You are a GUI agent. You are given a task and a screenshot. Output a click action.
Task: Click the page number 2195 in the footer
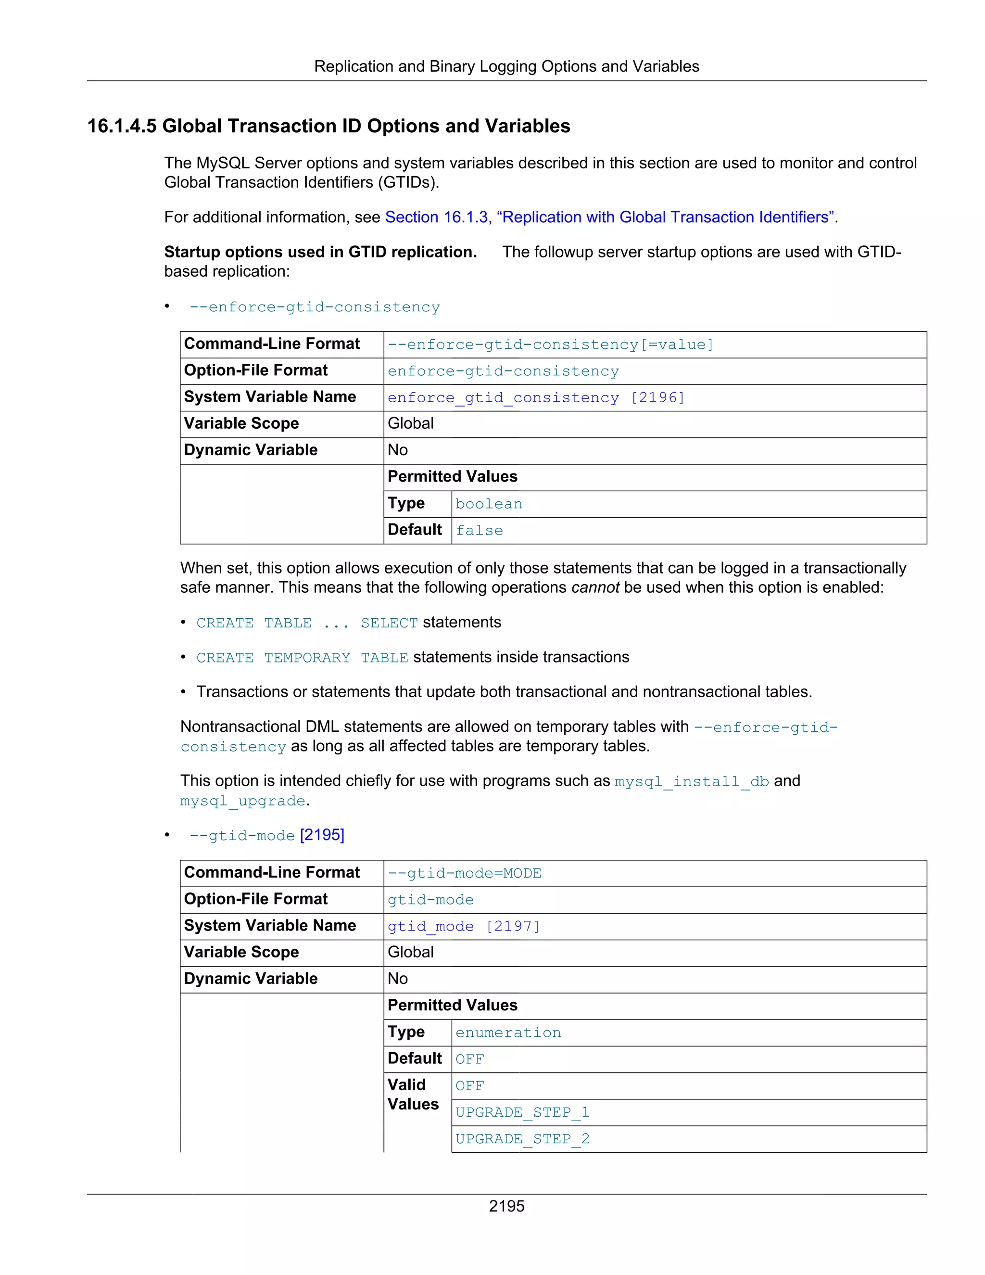click(506, 1206)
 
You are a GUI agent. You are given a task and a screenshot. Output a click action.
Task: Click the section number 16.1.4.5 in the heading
click(121, 126)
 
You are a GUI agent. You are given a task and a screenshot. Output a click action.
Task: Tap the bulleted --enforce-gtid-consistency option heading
click(315, 307)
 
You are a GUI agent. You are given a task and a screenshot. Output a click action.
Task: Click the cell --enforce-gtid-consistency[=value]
click(550, 345)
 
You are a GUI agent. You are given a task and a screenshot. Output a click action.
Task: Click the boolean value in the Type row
click(489, 504)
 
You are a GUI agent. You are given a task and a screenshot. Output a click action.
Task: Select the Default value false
click(479, 531)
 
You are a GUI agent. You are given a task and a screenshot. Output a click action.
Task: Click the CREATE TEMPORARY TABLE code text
click(302, 658)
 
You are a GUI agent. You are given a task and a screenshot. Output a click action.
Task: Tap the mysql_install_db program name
click(692, 782)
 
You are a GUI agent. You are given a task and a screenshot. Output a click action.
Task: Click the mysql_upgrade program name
click(243, 801)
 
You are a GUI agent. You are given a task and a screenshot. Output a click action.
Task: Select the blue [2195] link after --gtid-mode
click(322, 835)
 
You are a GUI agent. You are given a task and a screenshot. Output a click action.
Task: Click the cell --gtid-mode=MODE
click(465, 873)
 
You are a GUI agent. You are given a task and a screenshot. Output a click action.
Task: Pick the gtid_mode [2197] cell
click(463, 927)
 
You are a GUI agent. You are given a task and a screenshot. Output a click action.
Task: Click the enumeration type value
click(508, 1033)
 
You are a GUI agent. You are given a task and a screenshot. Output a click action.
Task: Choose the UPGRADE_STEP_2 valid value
click(522, 1139)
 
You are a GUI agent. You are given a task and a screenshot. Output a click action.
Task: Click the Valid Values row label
click(413, 1095)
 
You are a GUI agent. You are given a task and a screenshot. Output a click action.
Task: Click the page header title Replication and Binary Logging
click(506, 66)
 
